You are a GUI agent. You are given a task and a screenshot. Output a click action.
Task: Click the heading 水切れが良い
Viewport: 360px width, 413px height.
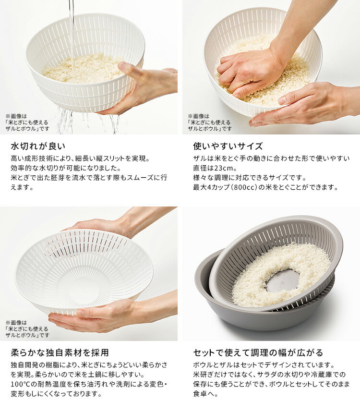click(x=38, y=146)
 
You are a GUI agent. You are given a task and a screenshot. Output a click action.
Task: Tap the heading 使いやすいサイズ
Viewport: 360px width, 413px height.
click(x=228, y=146)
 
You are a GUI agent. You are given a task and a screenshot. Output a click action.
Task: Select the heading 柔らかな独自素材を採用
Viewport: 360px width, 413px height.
click(x=60, y=352)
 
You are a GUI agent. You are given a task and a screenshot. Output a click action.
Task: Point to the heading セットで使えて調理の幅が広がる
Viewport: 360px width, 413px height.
click(x=258, y=352)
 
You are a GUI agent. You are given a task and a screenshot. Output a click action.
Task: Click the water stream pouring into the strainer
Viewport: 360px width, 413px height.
click(x=72, y=32)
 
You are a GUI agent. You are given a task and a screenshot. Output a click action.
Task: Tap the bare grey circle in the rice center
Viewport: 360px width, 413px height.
click(x=282, y=281)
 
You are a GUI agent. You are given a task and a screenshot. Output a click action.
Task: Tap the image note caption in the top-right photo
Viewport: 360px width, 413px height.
click(x=210, y=122)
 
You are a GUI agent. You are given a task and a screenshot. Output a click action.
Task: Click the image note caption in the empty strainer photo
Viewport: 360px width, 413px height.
click(x=27, y=328)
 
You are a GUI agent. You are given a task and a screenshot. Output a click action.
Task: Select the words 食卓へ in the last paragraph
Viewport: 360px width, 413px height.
click(x=203, y=394)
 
